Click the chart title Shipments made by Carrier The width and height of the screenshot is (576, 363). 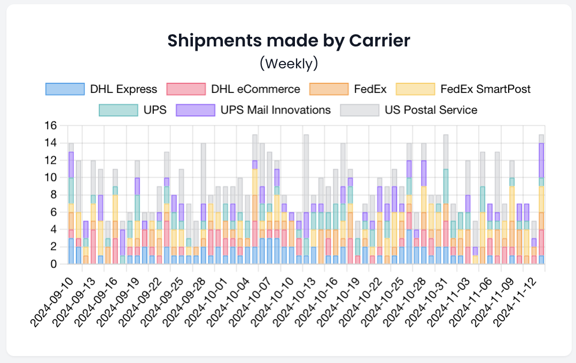(x=289, y=41)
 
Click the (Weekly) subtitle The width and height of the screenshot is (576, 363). (x=289, y=64)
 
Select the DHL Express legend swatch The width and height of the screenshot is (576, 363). (x=65, y=89)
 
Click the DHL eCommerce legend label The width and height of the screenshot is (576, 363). (x=255, y=89)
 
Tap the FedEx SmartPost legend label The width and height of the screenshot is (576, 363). (x=485, y=89)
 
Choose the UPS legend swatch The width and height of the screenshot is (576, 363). (x=119, y=111)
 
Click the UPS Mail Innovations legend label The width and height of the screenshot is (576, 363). (x=276, y=111)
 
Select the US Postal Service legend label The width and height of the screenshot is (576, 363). (x=431, y=111)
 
